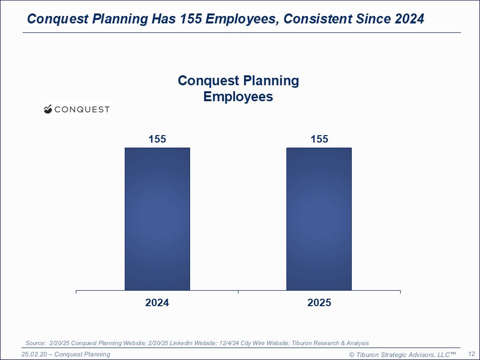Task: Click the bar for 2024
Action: (x=157, y=219)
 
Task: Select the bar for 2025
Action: (x=319, y=219)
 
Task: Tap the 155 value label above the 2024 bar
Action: (x=157, y=139)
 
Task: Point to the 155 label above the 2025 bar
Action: (x=319, y=139)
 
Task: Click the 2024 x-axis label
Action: (x=157, y=303)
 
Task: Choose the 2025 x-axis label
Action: (x=319, y=303)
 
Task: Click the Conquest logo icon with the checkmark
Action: (x=48, y=109)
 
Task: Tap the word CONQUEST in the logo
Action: (x=82, y=110)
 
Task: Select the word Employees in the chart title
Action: (x=238, y=97)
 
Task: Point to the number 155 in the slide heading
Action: (x=191, y=18)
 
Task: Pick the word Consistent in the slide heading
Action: (x=318, y=18)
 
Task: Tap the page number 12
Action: (x=472, y=354)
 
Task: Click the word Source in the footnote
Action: (x=35, y=343)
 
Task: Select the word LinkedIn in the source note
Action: (x=181, y=343)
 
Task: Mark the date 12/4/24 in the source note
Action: (x=229, y=343)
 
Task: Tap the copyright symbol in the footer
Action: (x=352, y=355)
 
